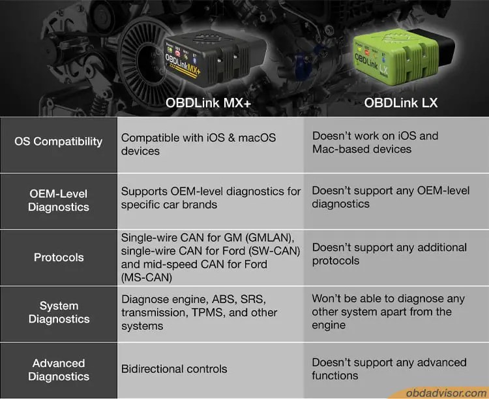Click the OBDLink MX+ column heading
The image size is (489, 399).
[x=208, y=103]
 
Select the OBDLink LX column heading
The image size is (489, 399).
[x=401, y=103]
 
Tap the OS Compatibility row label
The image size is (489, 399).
[x=58, y=142]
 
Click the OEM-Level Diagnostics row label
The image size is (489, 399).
[x=59, y=200]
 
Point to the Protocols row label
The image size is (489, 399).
[x=59, y=257]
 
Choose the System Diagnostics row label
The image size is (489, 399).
[x=59, y=312]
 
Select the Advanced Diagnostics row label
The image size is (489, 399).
[x=59, y=370]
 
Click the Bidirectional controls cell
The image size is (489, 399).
[x=174, y=369]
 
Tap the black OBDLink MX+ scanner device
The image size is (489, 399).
[x=215, y=58]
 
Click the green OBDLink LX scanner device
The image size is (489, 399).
[x=403, y=57]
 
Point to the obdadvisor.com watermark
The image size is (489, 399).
[x=446, y=392]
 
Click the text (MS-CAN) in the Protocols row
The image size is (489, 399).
[x=147, y=278]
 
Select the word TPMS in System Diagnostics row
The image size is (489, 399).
[x=207, y=312]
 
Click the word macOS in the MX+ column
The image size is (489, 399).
[x=257, y=138]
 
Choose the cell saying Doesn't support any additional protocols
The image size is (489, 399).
[x=389, y=254]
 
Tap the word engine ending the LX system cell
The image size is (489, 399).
[x=329, y=326]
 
